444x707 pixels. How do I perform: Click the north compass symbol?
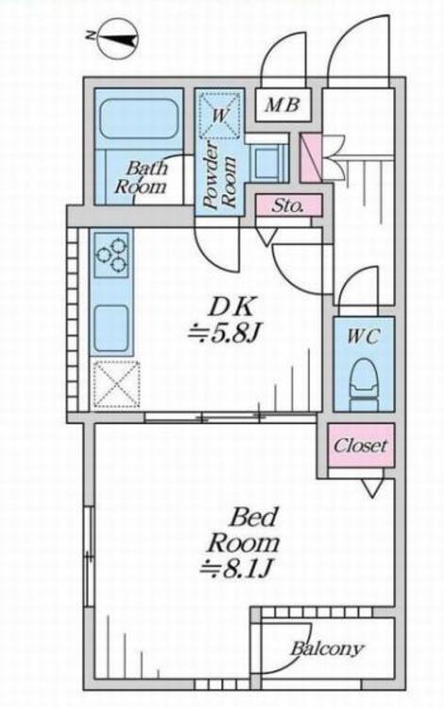tap(117, 40)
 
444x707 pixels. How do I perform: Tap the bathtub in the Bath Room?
tap(139, 119)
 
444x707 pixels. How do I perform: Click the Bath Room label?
tap(141, 177)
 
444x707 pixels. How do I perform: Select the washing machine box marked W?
tap(220, 115)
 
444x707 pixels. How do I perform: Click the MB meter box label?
tap(283, 106)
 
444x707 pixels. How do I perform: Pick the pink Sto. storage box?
tap(288, 206)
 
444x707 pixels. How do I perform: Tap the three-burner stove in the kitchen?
tap(112, 256)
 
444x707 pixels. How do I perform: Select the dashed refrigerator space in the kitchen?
tap(116, 385)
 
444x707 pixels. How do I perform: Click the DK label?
tap(231, 308)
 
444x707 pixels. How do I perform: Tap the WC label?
tap(363, 337)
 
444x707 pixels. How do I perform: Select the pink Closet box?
tap(361, 446)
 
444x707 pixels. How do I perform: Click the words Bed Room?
tap(244, 530)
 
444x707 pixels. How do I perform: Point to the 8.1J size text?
tap(237, 568)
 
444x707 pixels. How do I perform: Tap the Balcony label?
tap(327, 649)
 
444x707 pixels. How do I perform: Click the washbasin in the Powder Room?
tap(268, 162)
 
